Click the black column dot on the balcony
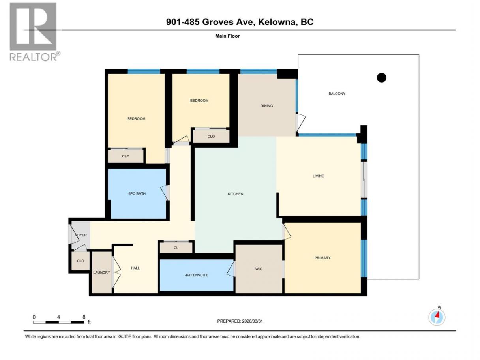pyautogui.click(x=381, y=78)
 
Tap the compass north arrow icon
pyautogui.click(x=437, y=317)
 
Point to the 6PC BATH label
pyautogui.click(x=137, y=194)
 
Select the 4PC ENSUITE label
pyautogui.click(x=196, y=275)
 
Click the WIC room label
pyautogui.click(x=259, y=269)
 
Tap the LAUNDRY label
pyautogui.click(x=101, y=273)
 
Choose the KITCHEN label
pyautogui.click(x=235, y=194)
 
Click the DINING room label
pyautogui.click(x=266, y=106)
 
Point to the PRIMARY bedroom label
pyautogui.click(x=322, y=258)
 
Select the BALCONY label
pyautogui.click(x=337, y=94)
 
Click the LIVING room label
pyautogui.click(x=319, y=176)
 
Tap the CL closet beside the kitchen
pyautogui.click(x=176, y=248)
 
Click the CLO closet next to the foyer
pyautogui.click(x=81, y=261)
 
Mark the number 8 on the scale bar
pyautogui.click(x=84, y=317)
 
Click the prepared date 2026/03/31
pyautogui.click(x=252, y=321)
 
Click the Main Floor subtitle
pyautogui.click(x=227, y=36)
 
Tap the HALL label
pyautogui.click(x=135, y=268)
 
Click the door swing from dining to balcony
pyautogui.click(x=301, y=123)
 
